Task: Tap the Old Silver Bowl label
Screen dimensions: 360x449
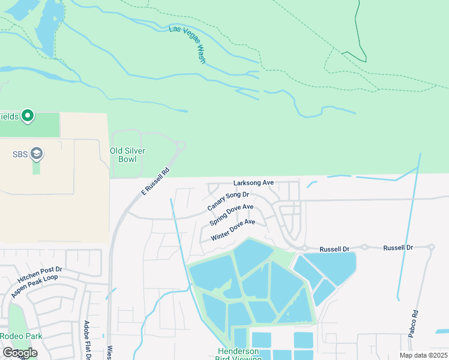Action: (x=127, y=155)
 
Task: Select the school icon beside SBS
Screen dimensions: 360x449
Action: (x=36, y=154)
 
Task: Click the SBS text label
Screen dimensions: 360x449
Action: (x=20, y=154)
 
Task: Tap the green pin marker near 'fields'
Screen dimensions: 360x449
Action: (x=27, y=115)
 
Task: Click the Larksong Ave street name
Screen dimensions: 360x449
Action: (x=253, y=182)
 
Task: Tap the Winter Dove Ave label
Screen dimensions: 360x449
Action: (x=233, y=230)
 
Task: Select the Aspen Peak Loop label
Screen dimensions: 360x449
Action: (x=37, y=286)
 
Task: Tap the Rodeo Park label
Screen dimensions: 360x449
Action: (x=21, y=336)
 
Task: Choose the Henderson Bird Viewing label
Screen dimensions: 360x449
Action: (x=238, y=355)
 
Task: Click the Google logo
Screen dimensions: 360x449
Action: (x=19, y=353)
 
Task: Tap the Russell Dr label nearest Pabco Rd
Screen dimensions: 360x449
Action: (x=398, y=247)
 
